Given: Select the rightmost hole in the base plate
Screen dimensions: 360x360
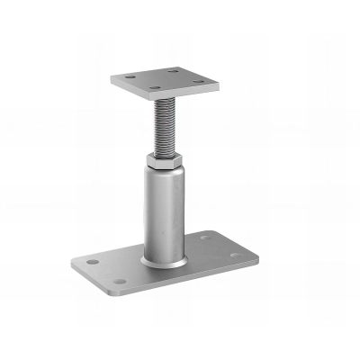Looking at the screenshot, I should click(235, 256).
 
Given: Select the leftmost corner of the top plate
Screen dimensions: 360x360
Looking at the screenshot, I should click(112, 79).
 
